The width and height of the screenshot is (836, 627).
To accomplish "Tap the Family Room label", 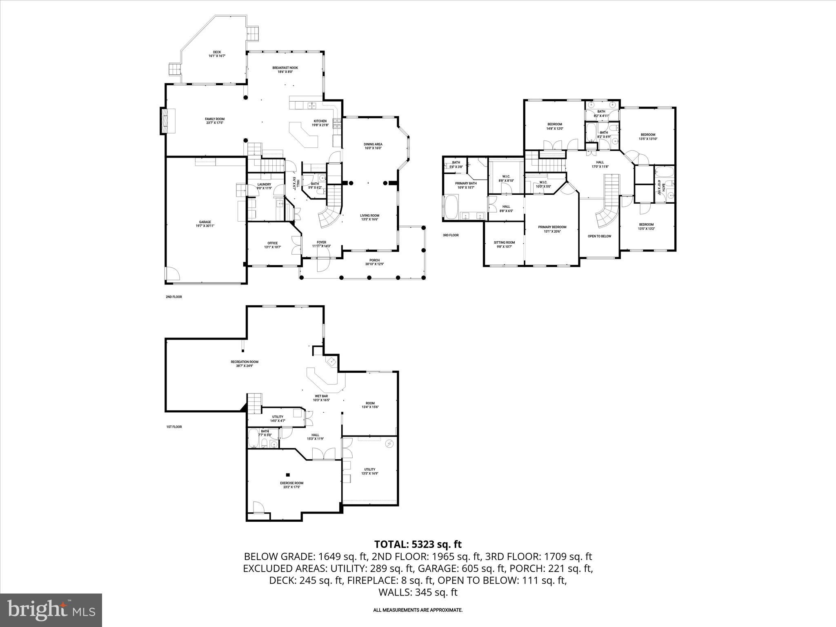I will tap(215, 120).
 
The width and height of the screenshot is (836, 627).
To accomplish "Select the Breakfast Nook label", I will tap(285, 69).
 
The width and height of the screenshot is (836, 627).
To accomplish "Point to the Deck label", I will tap(217, 53).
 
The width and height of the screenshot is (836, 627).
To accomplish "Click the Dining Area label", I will tap(373, 146).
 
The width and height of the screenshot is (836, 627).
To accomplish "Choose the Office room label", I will tap(272, 245).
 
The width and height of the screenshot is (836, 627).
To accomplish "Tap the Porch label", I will tap(374, 262).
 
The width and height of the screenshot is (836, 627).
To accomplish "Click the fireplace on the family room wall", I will tap(165, 120).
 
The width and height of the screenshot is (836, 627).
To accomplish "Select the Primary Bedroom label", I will tap(552, 229).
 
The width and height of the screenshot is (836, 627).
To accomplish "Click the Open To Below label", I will tap(599, 236).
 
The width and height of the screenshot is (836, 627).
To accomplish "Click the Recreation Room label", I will tap(245, 364).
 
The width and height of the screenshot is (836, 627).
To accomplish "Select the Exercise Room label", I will tap(291, 485).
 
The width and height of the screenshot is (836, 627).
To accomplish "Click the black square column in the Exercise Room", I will tap(288, 475).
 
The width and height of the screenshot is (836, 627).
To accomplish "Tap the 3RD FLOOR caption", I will tap(451, 235).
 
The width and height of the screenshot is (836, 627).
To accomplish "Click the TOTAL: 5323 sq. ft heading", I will tap(418, 544).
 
